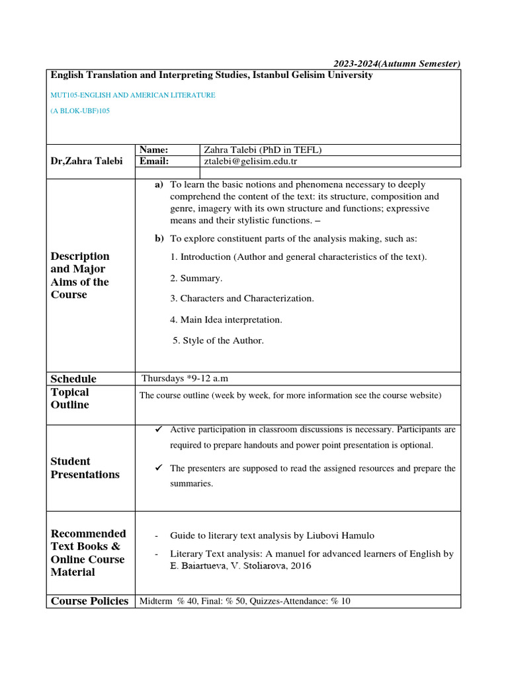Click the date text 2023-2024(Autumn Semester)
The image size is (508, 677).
click(396, 63)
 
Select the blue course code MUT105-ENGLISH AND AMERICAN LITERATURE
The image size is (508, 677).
click(133, 95)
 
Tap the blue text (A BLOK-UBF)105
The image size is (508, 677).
click(80, 111)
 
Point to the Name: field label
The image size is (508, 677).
click(153, 150)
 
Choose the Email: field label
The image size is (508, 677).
click(154, 161)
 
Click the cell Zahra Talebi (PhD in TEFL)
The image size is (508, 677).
click(263, 150)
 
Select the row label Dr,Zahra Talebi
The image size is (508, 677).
click(87, 161)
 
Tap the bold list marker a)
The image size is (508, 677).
click(159, 184)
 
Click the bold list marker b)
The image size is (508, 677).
click(159, 238)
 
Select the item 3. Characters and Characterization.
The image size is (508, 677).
click(241, 298)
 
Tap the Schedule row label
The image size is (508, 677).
click(73, 379)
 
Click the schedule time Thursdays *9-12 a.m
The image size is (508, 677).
click(185, 379)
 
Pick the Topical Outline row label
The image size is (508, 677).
click(70, 399)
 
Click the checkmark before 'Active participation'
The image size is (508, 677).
click(158, 430)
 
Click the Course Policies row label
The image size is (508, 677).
click(89, 601)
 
